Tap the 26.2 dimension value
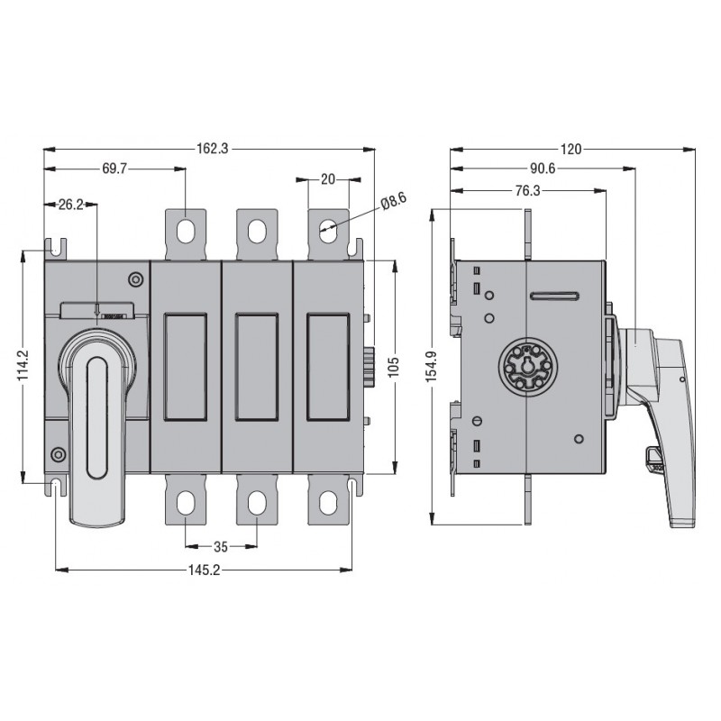(71, 205)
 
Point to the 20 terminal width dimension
(328, 179)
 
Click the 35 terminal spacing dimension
(221, 546)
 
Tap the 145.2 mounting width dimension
(204, 570)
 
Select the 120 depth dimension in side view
(570, 150)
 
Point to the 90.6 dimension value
(543, 169)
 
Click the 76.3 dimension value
(527, 190)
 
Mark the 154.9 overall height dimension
(432, 368)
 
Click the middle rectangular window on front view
(257, 368)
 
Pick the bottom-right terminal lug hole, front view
(328, 505)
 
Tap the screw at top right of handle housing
(134, 279)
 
